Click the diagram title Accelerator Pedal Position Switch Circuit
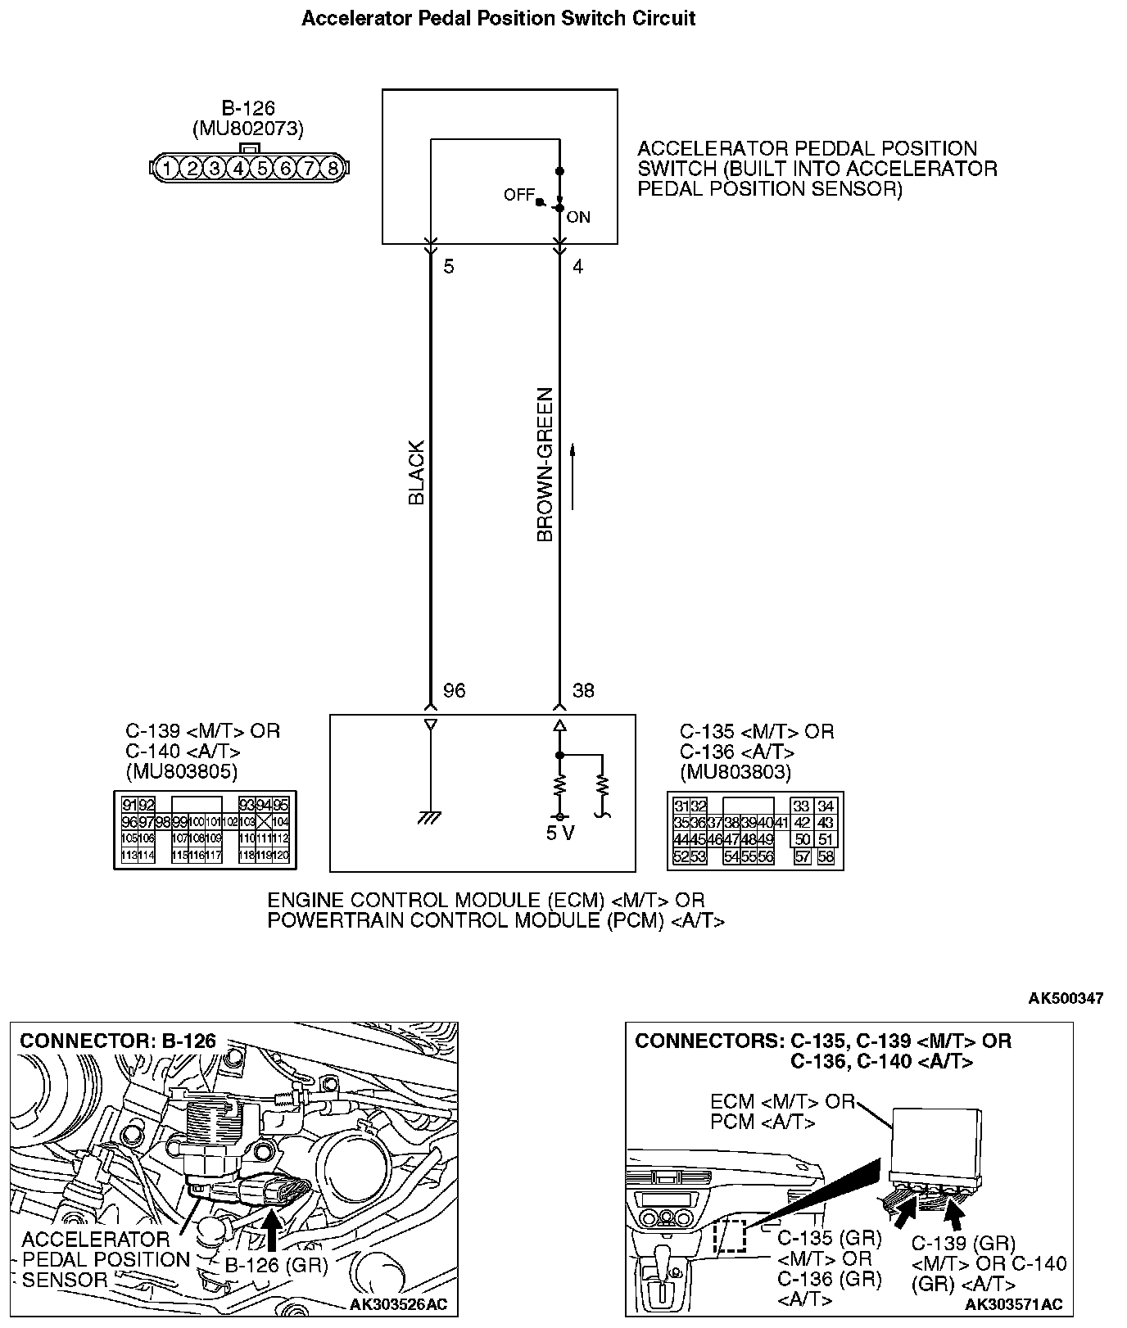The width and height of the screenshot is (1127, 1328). pyautogui.click(x=498, y=19)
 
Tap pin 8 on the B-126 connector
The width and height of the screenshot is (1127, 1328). pyautogui.click(x=332, y=169)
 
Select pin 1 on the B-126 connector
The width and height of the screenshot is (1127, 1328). pyautogui.click(x=166, y=169)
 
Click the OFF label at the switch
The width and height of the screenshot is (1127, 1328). pyautogui.click(x=518, y=195)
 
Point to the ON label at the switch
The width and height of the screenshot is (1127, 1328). pyautogui.click(x=578, y=217)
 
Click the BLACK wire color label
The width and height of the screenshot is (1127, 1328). pyautogui.click(x=417, y=472)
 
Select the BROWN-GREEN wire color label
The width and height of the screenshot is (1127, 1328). pyautogui.click(x=545, y=464)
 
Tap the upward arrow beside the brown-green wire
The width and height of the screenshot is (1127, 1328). pyautogui.click(x=573, y=476)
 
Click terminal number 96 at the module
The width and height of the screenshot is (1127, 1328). pyautogui.click(x=454, y=691)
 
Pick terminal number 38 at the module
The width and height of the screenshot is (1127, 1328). pyautogui.click(x=583, y=691)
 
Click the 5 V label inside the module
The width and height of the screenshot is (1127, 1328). pyautogui.click(x=560, y=834)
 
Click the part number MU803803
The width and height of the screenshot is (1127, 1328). pyautogui.click(x=735, y=771)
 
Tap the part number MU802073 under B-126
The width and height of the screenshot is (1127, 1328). pyautogui.click(x=247, y=129)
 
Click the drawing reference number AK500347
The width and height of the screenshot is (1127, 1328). pyautogui.click(x=1066, y=998)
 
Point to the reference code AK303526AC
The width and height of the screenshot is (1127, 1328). pyautogui.click(x=399, y=1304)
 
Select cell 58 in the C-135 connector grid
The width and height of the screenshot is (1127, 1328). pyautogui.click(x=825, y=856)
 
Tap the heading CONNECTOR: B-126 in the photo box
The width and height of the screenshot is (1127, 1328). pyautogui.click(x=118, y=1041)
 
